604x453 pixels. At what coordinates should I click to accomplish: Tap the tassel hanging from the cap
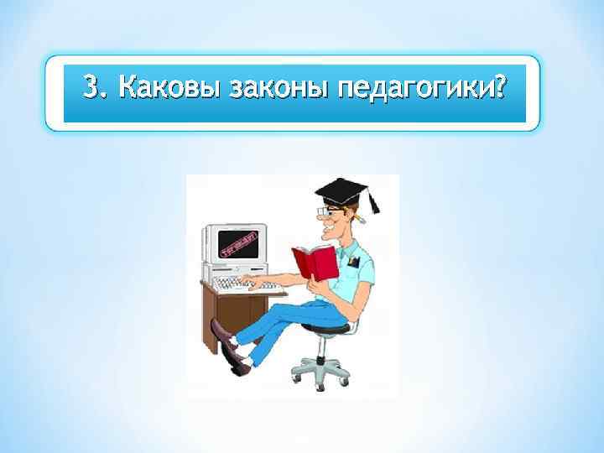tap(373, 201)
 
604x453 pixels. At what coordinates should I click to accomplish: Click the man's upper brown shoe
tap(221, 334)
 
